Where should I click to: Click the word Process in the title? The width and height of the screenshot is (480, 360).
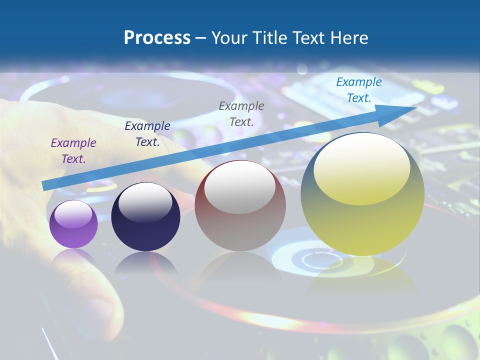point(157,38)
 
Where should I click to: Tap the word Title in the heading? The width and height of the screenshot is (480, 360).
point(269,38)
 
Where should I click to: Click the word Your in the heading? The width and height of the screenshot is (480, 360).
point(230,38)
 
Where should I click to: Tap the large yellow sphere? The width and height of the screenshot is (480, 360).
point(362,225)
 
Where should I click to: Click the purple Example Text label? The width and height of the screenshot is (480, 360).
point(73,151)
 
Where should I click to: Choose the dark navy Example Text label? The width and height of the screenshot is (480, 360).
point(147,134)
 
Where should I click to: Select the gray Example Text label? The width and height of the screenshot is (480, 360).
point(241,113)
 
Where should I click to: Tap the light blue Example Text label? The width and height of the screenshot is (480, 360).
point(359,90)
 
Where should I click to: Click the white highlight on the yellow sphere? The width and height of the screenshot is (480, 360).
point(361,167)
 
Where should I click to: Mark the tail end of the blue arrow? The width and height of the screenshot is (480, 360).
point(45,185)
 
